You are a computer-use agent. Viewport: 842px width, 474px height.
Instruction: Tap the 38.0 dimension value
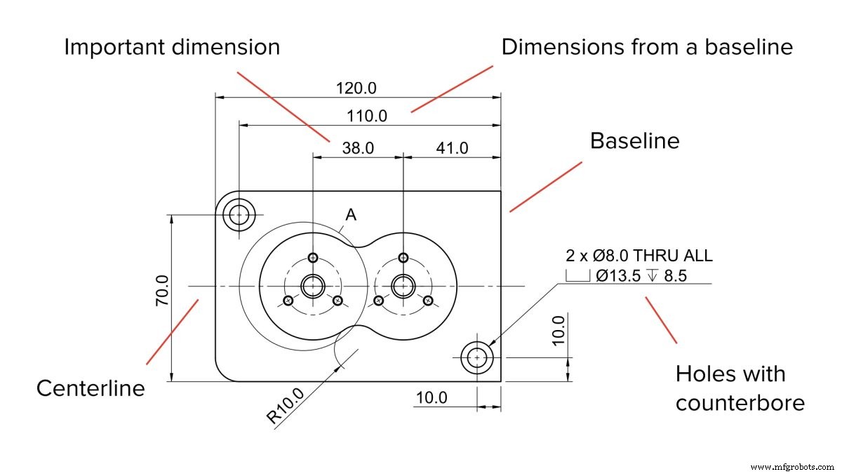[358, 148]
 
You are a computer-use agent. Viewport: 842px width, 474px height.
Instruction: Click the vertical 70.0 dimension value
[161, 290]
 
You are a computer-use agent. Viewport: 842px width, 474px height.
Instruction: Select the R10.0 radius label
[286, 406]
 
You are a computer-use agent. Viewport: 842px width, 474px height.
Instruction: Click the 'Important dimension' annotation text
[172, 47]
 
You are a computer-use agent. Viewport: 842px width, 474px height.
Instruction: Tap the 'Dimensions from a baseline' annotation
[647, 47]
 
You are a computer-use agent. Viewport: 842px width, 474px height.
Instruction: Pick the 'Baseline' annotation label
[634, 140]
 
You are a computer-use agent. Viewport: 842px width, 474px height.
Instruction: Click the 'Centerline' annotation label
[91, 388]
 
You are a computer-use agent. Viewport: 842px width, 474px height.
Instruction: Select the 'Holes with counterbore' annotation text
[739, 388]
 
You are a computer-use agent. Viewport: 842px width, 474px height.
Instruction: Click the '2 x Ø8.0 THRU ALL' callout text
[639, 255]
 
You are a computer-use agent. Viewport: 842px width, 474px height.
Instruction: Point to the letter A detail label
[351, 216]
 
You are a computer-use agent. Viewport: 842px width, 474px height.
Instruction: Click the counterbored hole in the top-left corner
[239, 213]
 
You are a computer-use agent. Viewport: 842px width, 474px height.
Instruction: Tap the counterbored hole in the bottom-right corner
[478, 357]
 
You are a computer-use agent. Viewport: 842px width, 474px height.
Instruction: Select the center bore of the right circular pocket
[403, 286]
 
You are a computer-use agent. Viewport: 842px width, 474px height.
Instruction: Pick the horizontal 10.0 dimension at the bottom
[431, 397]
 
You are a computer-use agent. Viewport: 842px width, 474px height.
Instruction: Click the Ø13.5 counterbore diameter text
[618, 276]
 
